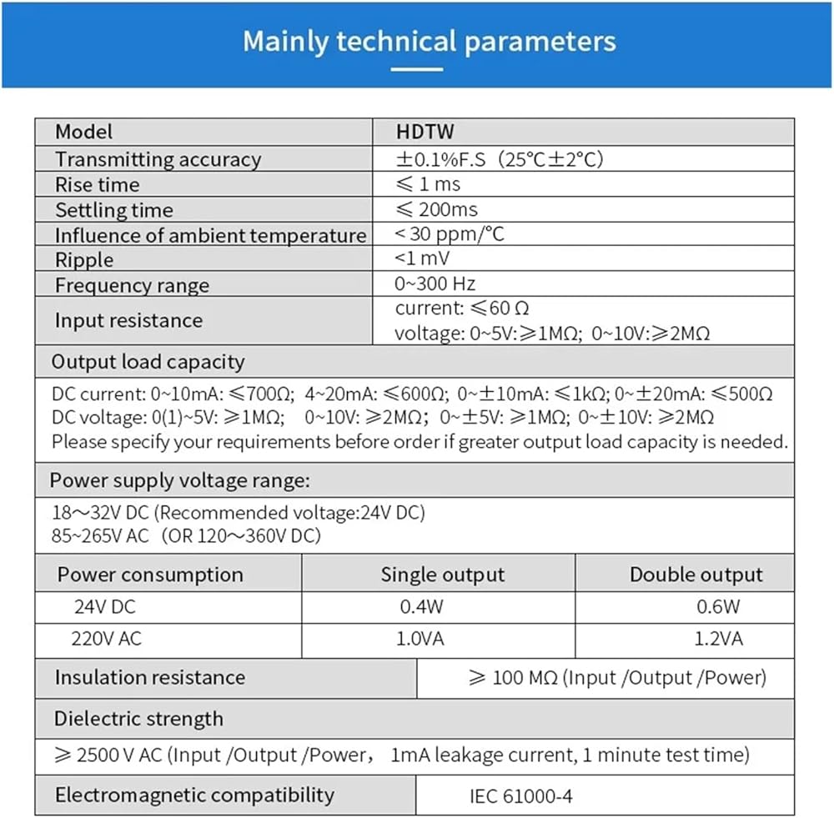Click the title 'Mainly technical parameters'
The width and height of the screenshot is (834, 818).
[429, 42]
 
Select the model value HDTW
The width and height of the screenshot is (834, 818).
[425, 132]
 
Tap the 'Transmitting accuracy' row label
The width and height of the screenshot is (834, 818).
[158, 159]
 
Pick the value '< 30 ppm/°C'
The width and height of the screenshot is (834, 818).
[450, 234]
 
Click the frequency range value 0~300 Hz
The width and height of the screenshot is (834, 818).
[435, 284]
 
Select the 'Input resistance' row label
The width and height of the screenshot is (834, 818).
[128, 320]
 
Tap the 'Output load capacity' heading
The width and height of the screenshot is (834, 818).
[148, 362]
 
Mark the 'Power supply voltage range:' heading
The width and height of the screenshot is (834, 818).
[179, 480]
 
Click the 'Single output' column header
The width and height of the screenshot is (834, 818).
[442, 575]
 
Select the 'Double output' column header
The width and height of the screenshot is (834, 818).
[696, 575]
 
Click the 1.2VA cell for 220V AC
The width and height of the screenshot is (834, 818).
[720, 640]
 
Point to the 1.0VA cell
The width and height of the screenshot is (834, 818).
[421, 640]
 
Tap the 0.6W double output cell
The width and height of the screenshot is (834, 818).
[718, 607]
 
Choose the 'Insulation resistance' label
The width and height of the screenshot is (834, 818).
[150, 677]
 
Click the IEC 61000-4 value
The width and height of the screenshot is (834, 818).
[521, 795]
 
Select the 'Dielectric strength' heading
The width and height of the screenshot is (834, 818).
[138, 719]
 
